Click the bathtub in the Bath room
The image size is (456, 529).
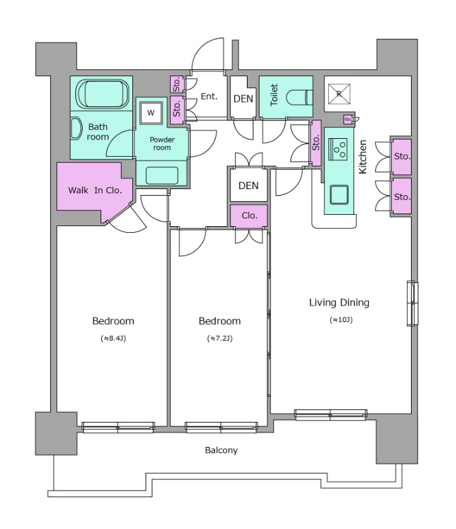coord(103,94)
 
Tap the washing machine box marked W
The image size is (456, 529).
coord(151,112)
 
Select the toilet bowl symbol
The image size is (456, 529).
coord(299,98)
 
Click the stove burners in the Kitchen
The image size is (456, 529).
coord(338,149)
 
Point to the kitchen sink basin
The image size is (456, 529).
coord(339,194)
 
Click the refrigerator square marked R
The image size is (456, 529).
coord(339,94)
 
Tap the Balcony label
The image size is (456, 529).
coord(221,450)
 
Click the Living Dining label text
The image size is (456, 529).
coord(339,302)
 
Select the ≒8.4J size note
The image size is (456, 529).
coord(113,338)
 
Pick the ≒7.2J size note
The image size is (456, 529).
coord(220,338)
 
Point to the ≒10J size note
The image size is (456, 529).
coord(341,319)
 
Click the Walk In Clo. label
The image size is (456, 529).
coord(95,190)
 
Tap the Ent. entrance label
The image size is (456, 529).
coord(209,97)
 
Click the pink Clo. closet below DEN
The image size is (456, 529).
coord(249,216)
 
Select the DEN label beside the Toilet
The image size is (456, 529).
coord(243,99)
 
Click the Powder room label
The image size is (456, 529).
coord(162,143)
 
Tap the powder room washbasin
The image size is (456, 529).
coord(161,175)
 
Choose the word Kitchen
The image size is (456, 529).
coord(363,157)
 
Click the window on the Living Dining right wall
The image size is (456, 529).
coord(412,304)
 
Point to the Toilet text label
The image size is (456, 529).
coord(274,95)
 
